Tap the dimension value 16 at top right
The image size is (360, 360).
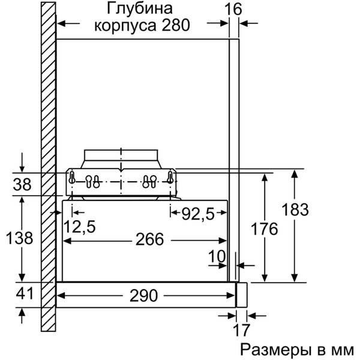tap(235, 9)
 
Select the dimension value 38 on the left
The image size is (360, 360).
tap(22, 184)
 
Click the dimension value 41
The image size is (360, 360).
tap(22, 294)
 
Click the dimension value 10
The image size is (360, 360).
tap(217, 257)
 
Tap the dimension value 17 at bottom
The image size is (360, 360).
tap(241, 331)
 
